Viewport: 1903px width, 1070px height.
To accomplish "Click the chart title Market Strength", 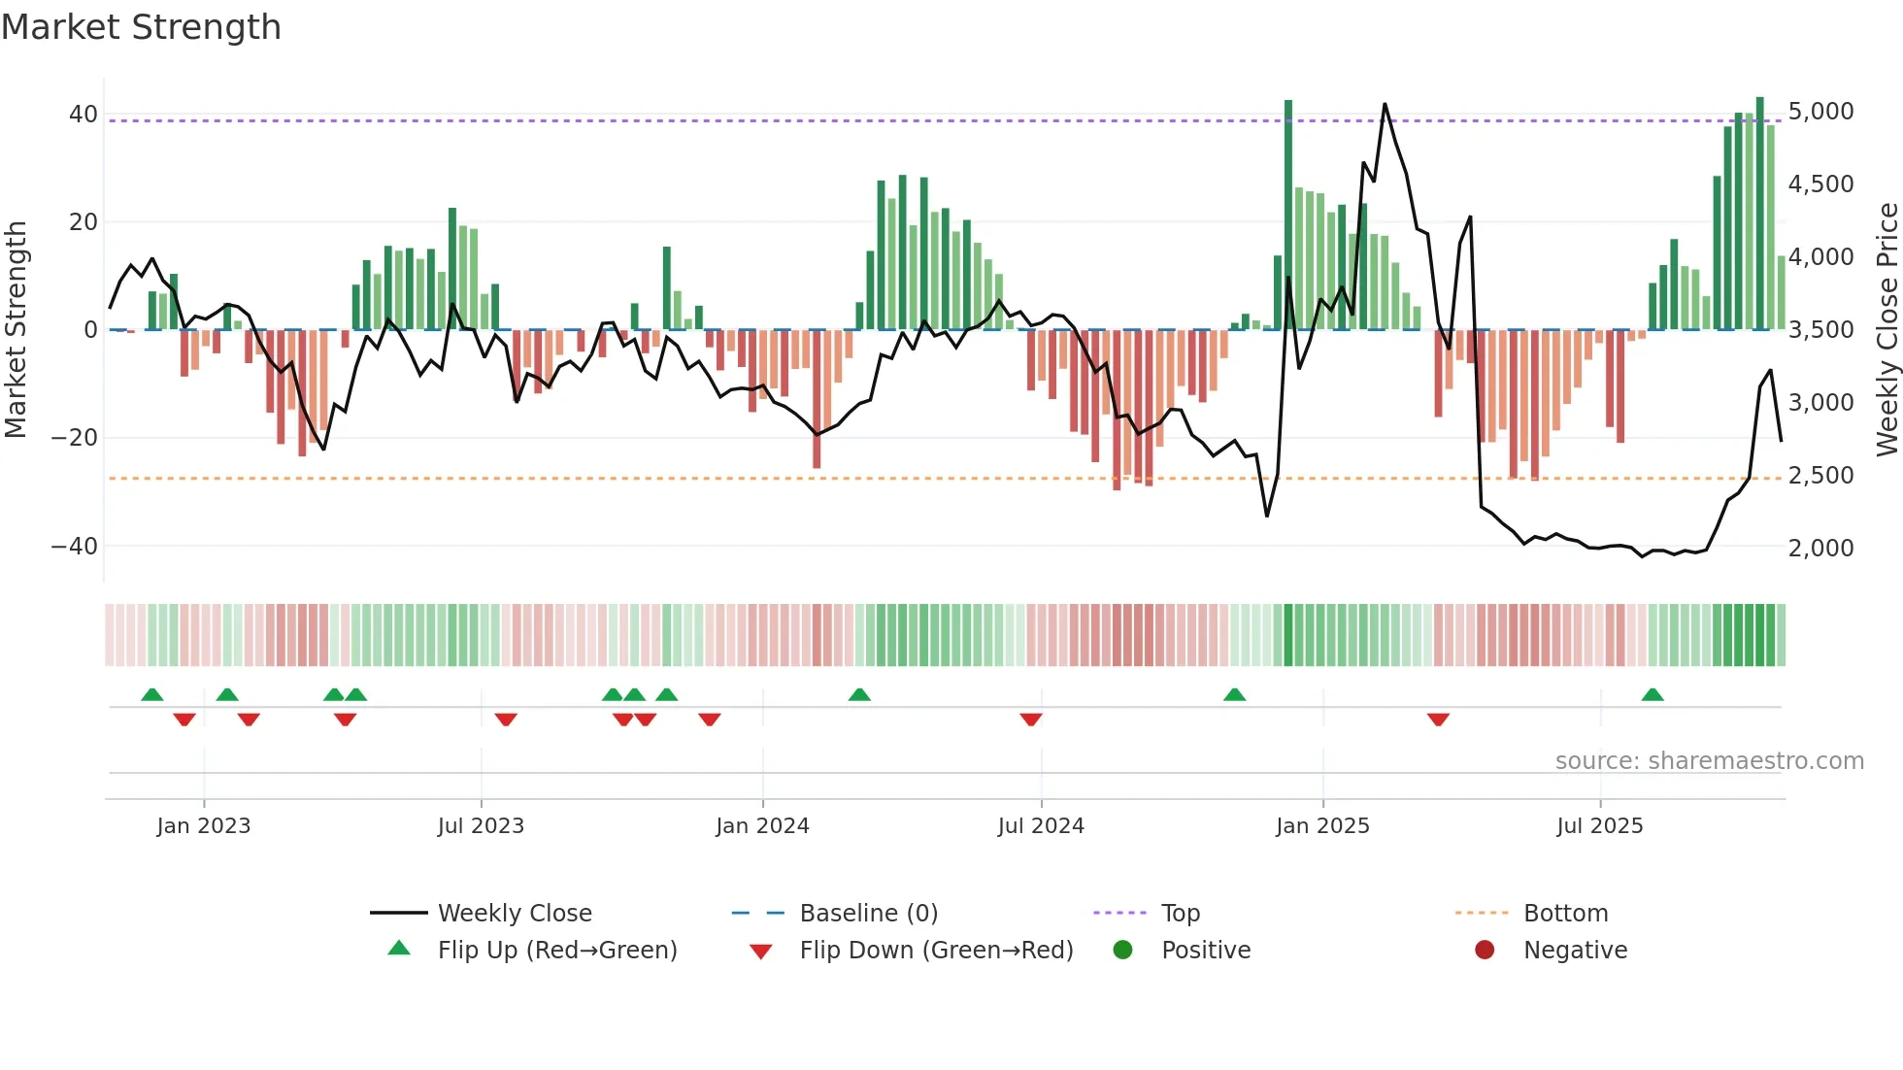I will click(x=141, y=27).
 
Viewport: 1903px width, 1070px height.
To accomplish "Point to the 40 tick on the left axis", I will click(x=83, y=115).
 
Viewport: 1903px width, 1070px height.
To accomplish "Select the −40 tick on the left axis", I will click(x=76, y=547).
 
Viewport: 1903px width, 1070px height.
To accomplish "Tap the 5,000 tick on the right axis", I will click(x=1820, y=112).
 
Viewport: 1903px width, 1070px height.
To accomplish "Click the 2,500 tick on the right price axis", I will click(x=1820, y=476).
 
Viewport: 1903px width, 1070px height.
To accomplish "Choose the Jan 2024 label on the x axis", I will click(x=762, y=826).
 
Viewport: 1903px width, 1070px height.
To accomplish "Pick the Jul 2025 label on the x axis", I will click(x=1599, y=826).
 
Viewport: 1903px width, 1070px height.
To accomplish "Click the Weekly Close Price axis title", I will click(x=1886, y=330).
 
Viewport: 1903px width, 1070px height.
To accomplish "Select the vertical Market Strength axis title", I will click(x=17, y=330).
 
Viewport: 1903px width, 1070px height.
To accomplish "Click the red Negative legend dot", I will click(x=1485, y=951).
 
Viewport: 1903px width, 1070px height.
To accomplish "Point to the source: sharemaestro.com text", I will click(x=1709, y=761).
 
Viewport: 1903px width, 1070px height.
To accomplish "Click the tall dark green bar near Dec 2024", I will click(x=1288, y=214).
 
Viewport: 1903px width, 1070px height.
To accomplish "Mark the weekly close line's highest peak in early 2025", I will click(x=1385, y=104).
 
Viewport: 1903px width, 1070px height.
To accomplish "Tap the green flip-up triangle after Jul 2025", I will click(x=1653, y=694).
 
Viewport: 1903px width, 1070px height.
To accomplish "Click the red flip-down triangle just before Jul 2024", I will click(x=1031, y=719).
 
